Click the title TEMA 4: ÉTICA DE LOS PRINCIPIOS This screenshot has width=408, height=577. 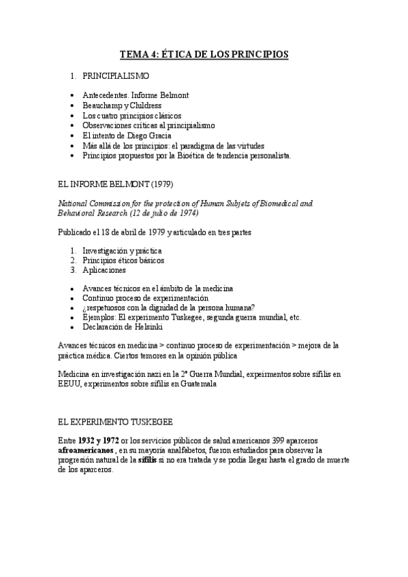[204, 54]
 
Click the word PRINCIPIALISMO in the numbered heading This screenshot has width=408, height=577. [119, 76]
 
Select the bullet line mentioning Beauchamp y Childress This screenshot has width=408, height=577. [122, 105]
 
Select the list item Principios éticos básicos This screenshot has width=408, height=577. [123, 260]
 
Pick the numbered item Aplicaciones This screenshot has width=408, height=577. [104, 270]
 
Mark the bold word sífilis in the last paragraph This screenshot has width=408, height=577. [147, 460]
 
